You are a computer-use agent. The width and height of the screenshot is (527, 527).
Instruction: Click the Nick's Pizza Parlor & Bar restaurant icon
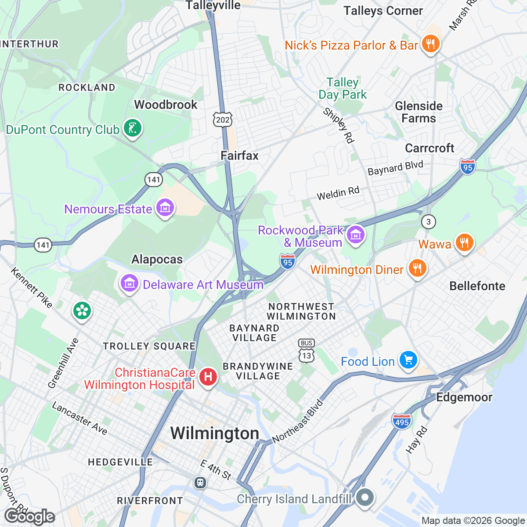click(430, 44)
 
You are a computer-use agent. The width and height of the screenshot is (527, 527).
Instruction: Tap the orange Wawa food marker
click(464, 242)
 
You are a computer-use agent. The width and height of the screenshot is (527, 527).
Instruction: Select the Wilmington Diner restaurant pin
click(417, 268)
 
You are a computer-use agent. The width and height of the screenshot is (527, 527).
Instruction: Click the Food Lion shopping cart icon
click(408, 361)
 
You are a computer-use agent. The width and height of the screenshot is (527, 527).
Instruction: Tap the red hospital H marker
click(208, 377)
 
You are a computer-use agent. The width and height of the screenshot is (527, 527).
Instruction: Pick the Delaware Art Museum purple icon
click(129, 284)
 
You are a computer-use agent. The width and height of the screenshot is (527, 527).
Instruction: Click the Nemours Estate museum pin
click(165, 208)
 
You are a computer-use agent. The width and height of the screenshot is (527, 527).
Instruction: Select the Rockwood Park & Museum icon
click(355, 235)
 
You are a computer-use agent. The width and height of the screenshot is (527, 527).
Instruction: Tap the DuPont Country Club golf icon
click(132, 129)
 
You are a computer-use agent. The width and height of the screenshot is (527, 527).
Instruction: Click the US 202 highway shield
click(223, 119)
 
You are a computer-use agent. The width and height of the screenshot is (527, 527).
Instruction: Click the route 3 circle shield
click(429, 222)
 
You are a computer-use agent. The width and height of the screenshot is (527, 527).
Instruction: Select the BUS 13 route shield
click(307, 351)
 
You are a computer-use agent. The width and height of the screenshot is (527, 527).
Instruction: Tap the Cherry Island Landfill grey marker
click(365, 498)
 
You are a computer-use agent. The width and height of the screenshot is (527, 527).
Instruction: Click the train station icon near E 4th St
click(200, 482)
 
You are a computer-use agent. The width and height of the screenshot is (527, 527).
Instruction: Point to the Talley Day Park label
click(343, 88)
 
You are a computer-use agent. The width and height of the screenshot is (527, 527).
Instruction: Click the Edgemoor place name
click(464, 397)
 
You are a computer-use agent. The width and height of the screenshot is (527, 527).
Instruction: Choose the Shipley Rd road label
click(339, 125)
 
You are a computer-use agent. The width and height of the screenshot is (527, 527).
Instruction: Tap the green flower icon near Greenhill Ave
click(82, 311)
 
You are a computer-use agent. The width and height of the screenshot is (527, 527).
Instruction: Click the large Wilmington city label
click(215, 433)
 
